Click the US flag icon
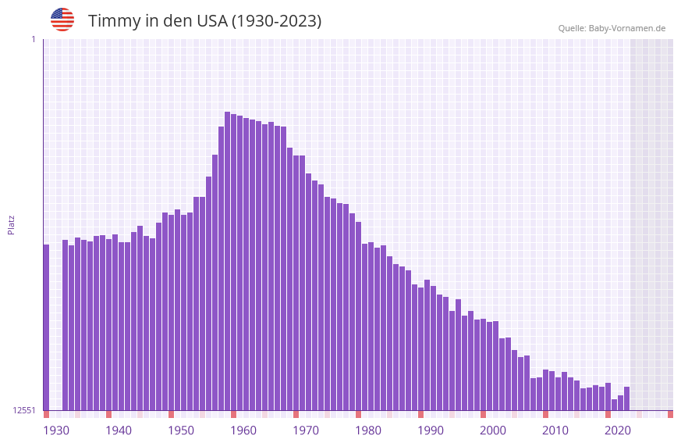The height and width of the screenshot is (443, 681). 62,20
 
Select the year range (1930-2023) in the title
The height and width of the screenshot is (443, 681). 276,21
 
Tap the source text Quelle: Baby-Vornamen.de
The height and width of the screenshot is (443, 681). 612,28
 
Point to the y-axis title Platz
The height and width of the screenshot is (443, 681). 11,224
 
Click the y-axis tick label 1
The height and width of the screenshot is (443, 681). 33,39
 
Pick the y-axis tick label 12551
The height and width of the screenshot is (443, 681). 24,410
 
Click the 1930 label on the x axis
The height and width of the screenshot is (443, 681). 56,430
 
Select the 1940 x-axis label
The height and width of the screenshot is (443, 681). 119,430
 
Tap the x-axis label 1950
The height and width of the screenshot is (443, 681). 181,430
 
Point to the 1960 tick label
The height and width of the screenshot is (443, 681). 243,430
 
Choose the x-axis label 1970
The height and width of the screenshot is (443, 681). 306,430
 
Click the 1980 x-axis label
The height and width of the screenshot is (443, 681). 368,430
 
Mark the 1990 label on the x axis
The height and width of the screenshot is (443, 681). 431,430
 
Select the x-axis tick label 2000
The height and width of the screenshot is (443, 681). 493,430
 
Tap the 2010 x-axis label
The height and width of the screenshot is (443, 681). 555,430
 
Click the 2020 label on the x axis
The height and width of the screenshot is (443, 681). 618,430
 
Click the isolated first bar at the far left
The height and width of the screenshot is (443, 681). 46,328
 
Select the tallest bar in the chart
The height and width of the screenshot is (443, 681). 227,262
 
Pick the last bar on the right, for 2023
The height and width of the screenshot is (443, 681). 626,398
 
